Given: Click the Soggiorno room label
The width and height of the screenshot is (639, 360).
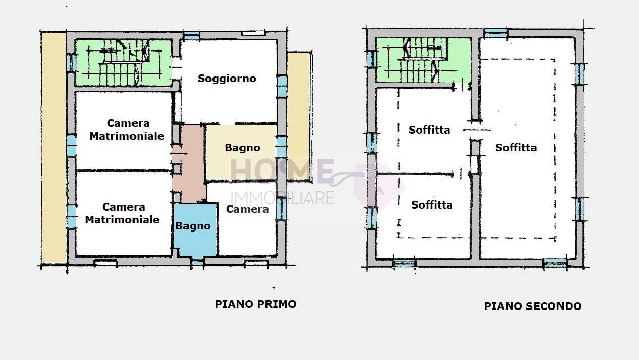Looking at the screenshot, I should [227, 79].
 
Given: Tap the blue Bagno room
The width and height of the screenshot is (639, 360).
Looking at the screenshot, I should [195, 229].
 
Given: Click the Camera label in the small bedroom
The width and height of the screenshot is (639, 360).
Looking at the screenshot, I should [247, 209].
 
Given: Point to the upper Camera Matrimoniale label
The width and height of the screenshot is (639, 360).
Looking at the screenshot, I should [127, 130].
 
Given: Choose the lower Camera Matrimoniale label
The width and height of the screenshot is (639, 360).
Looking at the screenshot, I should [122, 213].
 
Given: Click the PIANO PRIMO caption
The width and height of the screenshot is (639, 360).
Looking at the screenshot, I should [255, 304].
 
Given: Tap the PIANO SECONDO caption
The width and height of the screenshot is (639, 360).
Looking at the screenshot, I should [532, 306].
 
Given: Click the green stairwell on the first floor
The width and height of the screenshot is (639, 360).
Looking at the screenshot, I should [123, 63].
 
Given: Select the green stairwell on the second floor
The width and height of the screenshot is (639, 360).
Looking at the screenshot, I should [423, 60].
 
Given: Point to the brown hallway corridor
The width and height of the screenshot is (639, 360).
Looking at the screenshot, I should [188, 163].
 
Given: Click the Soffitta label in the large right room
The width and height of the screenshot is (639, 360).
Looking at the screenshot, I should [516, 148].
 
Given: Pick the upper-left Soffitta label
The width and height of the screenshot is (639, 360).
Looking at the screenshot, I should [429, 130].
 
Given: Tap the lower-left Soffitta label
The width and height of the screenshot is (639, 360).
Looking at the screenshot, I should [432, 205].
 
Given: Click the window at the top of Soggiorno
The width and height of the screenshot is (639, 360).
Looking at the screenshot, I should [191, 35].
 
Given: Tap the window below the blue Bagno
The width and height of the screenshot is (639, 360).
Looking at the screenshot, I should [197, 262].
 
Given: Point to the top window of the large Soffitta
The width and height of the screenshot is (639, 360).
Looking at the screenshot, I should [495, 33].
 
